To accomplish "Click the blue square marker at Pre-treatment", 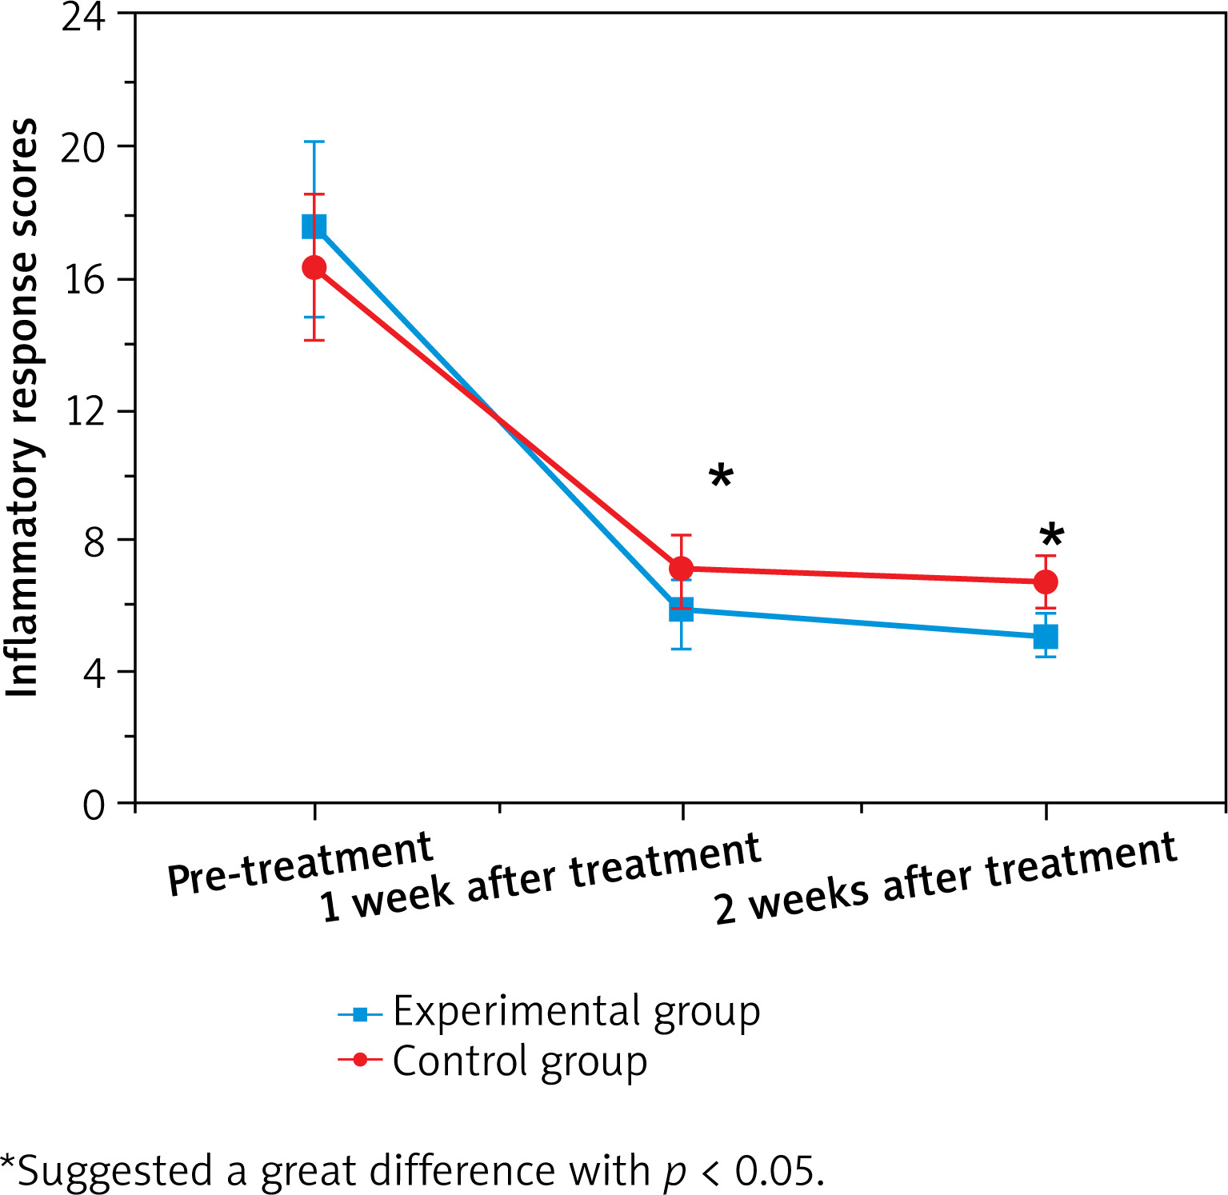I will coord(314,226).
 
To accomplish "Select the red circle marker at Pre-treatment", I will coord(314,267).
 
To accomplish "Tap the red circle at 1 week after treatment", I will coord(681,569).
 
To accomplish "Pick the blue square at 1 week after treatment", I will coord(681,610).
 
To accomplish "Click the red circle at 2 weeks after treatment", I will coord(1046,582).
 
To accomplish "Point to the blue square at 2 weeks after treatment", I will coord(1046,637).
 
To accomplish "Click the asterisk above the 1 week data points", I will coord(721,477).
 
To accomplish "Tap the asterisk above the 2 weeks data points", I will coord(1051,536).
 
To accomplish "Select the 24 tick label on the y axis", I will coord(83,18).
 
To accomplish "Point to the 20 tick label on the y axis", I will coord(83,148).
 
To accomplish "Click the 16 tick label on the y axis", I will coord(83,280).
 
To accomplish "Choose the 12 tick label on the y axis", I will coord(83,411).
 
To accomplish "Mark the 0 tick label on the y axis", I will coord(94,805).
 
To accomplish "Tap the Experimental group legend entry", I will coord(575,1012).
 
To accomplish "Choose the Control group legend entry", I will coord(519,1061).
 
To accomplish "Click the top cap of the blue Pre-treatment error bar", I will coord(314,142).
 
